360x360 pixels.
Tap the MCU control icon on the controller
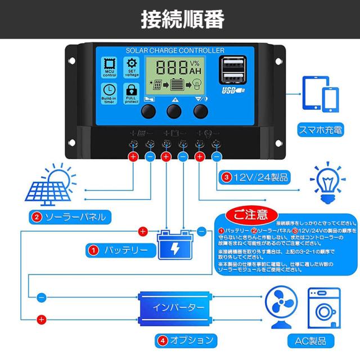coord(109,67)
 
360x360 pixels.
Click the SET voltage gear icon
coord(132,67)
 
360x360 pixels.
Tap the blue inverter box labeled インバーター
coord(174,308)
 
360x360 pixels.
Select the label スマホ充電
coord(319,131)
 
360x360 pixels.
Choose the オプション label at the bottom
coord(186,340)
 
